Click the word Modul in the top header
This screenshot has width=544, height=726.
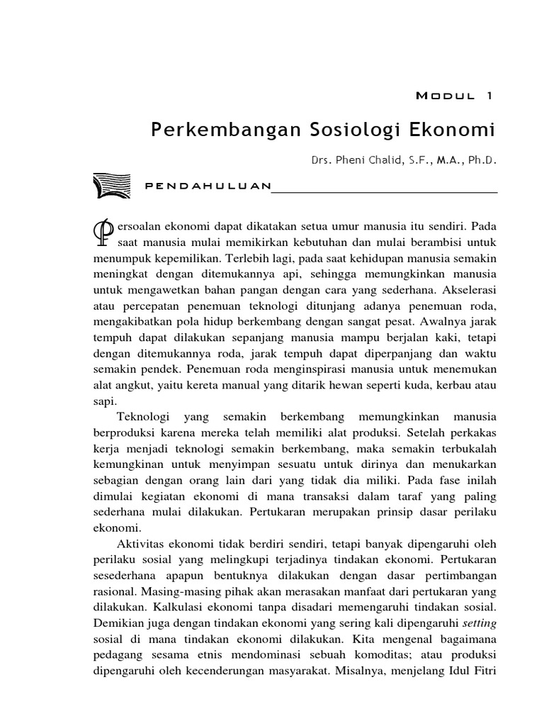[x=439, y=96]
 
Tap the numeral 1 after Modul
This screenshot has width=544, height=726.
[x=489, y=96]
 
